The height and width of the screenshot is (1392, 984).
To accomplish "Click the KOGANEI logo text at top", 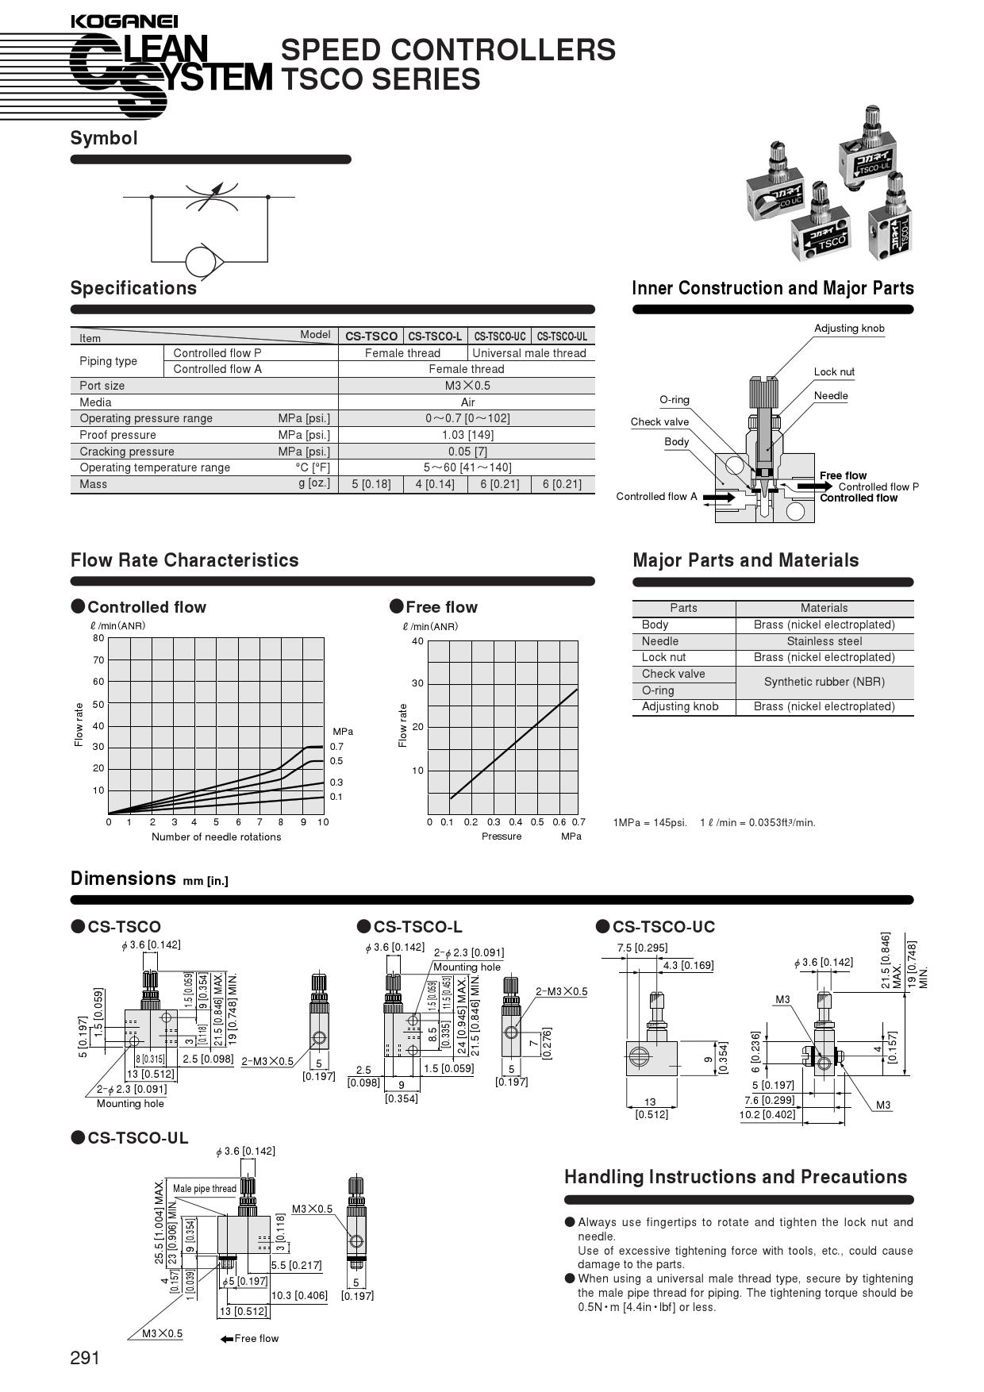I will point(124,22).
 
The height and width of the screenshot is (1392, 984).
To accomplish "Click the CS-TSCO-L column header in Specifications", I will point(435,336).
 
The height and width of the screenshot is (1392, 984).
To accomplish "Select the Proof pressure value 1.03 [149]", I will point(466,435).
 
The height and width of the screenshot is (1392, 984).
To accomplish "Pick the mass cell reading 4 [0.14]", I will point(435,484).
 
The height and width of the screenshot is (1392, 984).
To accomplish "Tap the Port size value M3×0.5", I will point(467,386).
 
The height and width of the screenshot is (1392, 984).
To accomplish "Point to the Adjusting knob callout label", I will point(848,329).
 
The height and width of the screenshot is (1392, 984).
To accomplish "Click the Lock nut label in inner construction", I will point(833,372).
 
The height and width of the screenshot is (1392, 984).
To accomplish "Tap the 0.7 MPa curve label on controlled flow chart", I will point(336,747).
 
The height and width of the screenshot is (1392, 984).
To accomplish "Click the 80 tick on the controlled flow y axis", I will point(98,638).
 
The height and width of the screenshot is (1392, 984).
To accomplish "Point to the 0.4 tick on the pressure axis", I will point(516,822).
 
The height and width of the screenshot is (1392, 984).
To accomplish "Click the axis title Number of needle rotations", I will point(216,837).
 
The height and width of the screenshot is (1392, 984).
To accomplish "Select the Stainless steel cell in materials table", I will point(824,641).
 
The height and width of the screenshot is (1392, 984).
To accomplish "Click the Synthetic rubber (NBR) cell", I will point(824,682).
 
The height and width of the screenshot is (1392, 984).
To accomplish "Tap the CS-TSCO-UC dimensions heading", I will point(663,927).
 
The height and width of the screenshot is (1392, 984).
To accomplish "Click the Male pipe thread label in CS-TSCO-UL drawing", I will point(204,1188).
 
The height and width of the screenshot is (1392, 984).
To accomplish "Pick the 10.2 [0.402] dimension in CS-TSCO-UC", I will point(767,1114).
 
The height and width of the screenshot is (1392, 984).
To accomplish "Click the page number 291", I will point(85,1358).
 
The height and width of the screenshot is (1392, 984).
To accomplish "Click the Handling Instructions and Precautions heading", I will point(735,1177).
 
